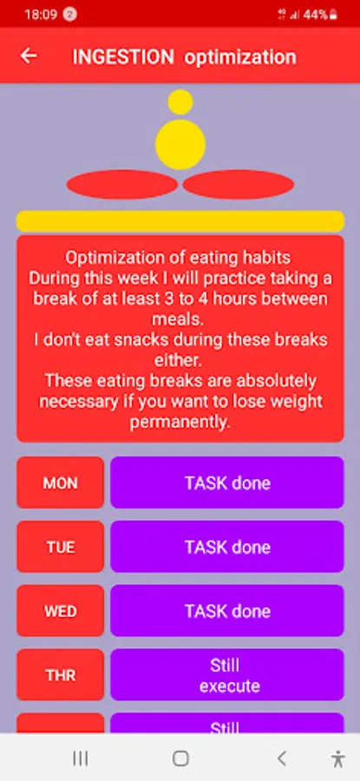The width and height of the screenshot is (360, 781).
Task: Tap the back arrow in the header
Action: pyautogui.click(x=29, y=56)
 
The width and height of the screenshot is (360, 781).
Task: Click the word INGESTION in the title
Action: pyautogui.click(x=123, y=56)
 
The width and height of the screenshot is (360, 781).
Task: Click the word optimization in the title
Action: pyautogui.click(x=240, y=57)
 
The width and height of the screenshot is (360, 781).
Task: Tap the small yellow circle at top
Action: pyautogui.click(x=180, y=102)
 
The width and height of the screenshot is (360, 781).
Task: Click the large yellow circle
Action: pyautogui.click(x=180, y=144)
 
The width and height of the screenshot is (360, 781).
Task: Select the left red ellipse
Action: pyautogui.click(x=122, y=184)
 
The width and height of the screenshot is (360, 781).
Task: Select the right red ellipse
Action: pyautogui.click(x=239, y=184)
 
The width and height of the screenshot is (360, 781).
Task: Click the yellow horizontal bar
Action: pyautogui.click(x=180, y=221)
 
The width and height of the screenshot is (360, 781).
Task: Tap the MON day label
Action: pyautogui.click(x=60, y=482)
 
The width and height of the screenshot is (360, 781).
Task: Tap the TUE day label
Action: pyautogui.click(x=60, y=547)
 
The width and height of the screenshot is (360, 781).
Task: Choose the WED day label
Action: pyautogui.click(x=60, y=611)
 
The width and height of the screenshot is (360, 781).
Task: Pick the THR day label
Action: pyautogui.click(x=60, y=675)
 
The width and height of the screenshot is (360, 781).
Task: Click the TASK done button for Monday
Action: pyautogui.click(x=227, y=482)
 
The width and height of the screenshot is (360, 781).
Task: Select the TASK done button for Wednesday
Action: pyautogui.click(x=227, y=611)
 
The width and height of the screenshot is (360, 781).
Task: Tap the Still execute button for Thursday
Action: pyautogui.click(x=227, y=675)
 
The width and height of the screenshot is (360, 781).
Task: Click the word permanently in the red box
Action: pyautogui.click(x=180, y=423)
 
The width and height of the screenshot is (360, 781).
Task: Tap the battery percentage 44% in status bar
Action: pyautogui.click(x=316, y=15)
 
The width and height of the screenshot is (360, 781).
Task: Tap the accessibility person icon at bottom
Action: pyautogui.click(x=337, y=758)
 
